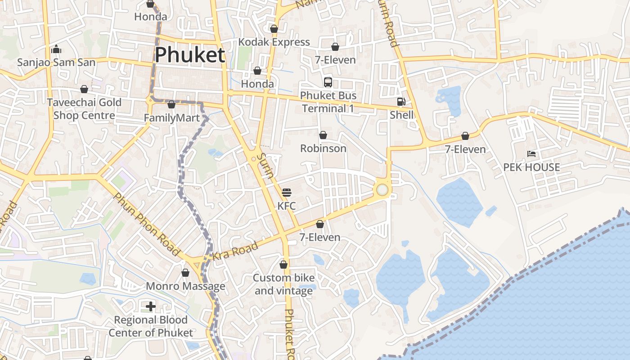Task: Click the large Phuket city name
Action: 189,55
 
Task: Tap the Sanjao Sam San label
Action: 56,62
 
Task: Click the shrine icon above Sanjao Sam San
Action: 56,49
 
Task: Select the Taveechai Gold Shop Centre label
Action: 84,109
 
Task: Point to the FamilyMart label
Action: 171,118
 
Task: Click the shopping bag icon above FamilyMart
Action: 171,105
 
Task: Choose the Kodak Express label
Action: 274,42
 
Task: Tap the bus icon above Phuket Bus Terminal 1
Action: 328,82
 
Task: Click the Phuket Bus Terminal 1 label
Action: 328,102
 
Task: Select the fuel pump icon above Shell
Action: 401,102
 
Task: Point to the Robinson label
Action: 323,148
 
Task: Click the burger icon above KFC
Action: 287,193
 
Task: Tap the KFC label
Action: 287,206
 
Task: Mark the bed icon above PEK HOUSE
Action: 531,154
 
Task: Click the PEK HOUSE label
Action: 531,167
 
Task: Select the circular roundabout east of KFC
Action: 382,190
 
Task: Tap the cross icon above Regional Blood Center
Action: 151,307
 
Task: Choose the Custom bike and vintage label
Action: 283,284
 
